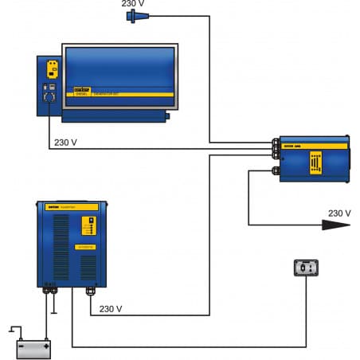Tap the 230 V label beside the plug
tap(134, 4)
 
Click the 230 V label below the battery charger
tap(112, 308)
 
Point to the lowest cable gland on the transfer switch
tap(276, 170)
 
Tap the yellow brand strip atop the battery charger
tap(72, 207)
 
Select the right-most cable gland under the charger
tap(90, 292)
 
